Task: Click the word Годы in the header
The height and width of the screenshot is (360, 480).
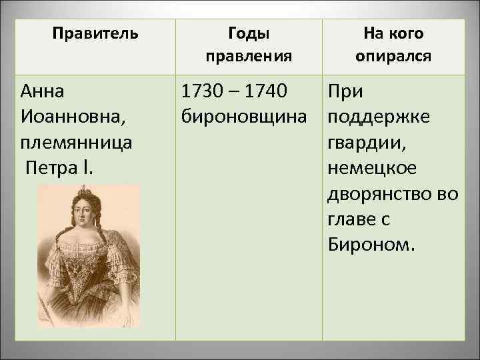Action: click(249, 33)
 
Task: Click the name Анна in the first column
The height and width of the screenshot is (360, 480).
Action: click(43, 91)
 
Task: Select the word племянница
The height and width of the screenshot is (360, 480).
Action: click(77, 143)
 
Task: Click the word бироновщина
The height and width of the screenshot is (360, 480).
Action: click(245, 117)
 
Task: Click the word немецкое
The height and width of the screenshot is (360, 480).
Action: click(372, 168)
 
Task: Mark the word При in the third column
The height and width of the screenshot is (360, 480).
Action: click(345, 91)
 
